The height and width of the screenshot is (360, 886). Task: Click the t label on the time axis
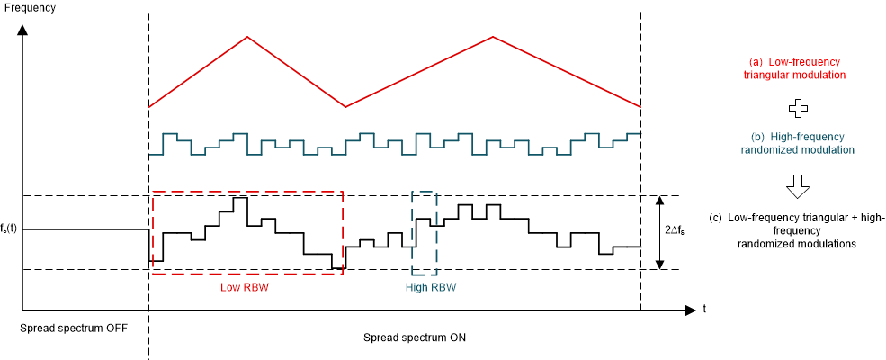[x=703, y=309]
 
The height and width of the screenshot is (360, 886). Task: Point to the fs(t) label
[x=10, y=229]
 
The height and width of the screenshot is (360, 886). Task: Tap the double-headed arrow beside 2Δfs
[x=660, y=232]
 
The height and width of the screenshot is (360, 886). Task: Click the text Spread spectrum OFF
[x=74, y=327]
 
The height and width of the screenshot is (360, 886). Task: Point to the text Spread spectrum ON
[x=415, y=337]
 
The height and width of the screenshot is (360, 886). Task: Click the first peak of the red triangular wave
[x=247, y=37]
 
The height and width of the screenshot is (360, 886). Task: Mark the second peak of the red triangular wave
[x=493, y=37]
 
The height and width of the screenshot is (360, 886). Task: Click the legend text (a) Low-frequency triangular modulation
[x=795, y=68]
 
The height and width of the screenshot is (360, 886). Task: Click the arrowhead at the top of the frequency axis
[x=22, y=29]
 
